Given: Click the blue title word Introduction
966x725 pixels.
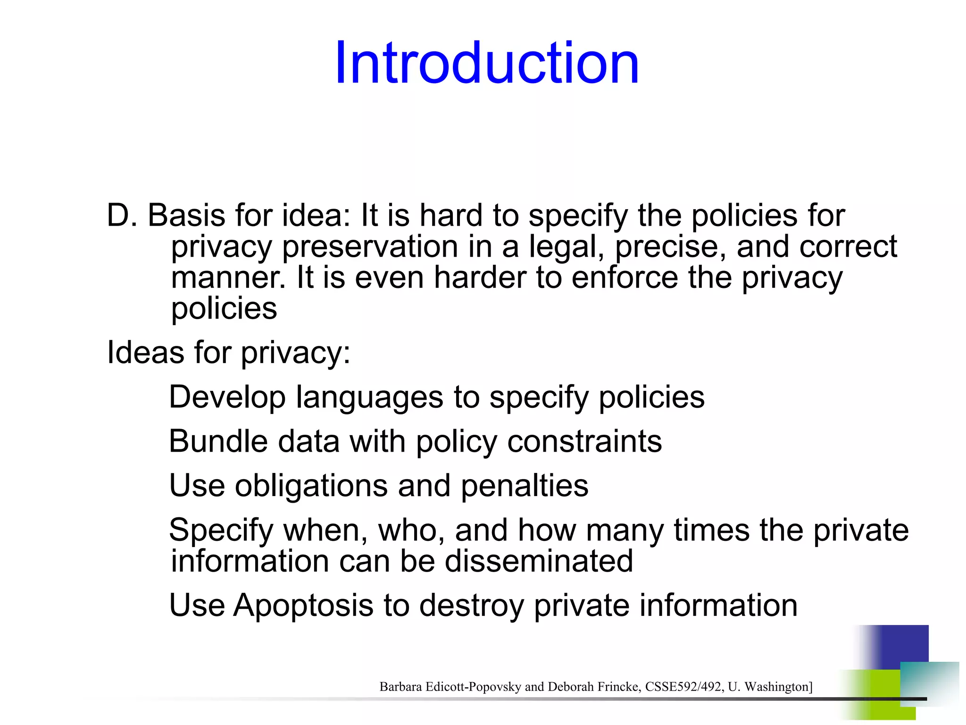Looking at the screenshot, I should (x=487, y=63).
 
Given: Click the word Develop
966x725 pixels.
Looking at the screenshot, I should (x=227, y=397).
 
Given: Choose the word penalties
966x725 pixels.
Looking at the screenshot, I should (x=525, y=486).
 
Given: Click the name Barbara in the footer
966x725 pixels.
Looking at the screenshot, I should (x=400, y=687).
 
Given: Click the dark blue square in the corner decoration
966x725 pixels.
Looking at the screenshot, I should (x=903, y=644).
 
